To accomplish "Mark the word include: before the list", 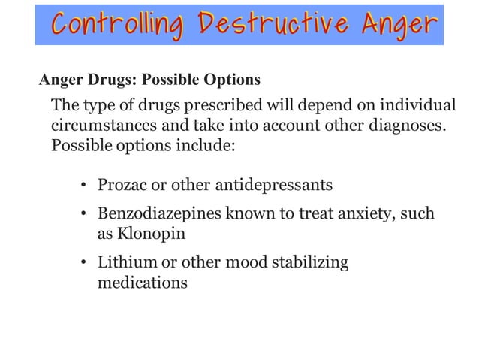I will point(203,144).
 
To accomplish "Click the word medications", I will point(143,283).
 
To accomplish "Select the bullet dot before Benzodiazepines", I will point(86,215).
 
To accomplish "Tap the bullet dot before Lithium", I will point(86,264).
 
